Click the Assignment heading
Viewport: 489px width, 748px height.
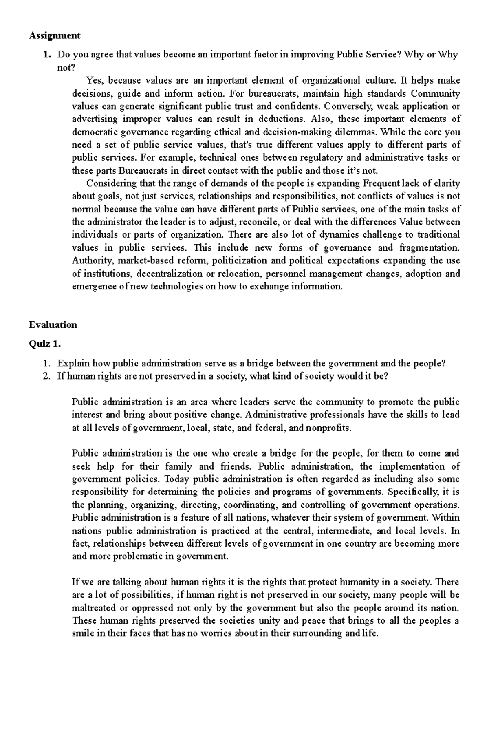54,35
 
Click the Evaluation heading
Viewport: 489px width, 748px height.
53,325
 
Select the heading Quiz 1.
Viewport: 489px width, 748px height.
44,344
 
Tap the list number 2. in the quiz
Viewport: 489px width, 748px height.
46,376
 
